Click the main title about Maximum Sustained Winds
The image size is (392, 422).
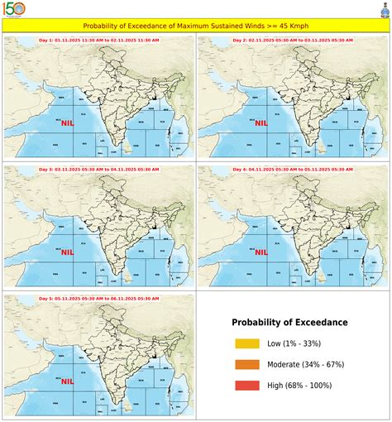[196, 26]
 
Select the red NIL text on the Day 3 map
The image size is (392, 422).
[67, 252]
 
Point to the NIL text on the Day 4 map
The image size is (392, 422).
[262, 252]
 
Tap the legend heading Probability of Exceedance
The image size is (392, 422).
[289, 322]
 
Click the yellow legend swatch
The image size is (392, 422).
[246, 343]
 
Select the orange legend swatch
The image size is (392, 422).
[246, 364]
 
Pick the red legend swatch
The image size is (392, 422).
[246, 385]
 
